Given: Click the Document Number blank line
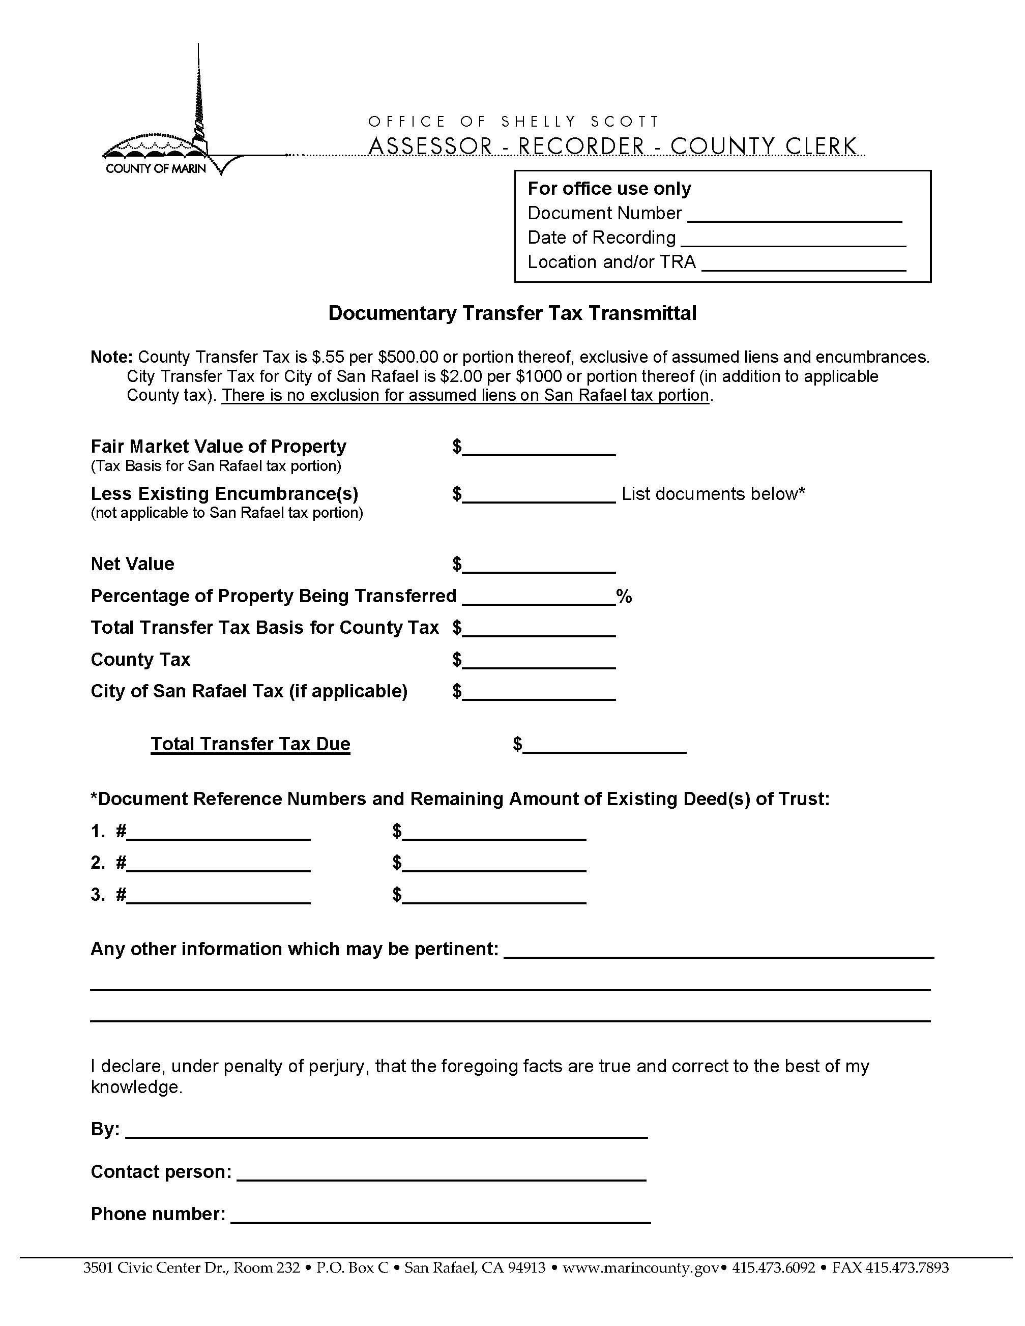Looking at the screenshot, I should click(x=794, y=216).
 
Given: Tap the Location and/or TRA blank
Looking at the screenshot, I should click(x=803, y=264).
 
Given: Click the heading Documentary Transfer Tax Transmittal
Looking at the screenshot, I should click(x=512, y=313).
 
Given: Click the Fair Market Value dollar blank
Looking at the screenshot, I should click(x=538, y=449).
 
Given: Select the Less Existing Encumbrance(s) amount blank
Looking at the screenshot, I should click(x=538, y=496).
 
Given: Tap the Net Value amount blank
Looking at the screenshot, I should click(x=538, y=567).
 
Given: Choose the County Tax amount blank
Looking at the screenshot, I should click(x=538, y=662).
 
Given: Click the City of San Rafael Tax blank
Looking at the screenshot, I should click(x=538, y=694).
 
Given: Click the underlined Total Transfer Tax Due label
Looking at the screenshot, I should click(x=250, y=744).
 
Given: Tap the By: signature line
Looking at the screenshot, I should click(x=386, y=1131).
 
